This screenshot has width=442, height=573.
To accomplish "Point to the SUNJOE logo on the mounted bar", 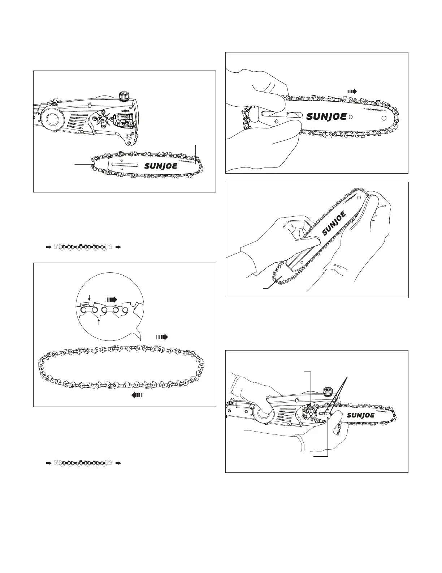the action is point(361,415).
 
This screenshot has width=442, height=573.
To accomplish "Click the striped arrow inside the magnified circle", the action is point(112,300).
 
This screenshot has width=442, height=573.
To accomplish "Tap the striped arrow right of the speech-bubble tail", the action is point(162,337).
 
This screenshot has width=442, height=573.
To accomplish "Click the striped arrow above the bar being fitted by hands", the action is point(351,91).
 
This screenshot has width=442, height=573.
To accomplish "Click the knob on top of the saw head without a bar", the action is point(123,97).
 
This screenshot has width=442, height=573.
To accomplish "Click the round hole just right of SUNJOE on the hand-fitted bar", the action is point(351,117).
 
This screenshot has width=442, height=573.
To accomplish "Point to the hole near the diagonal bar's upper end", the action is point(359,197).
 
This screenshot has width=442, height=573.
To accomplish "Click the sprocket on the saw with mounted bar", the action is point(309,413).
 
